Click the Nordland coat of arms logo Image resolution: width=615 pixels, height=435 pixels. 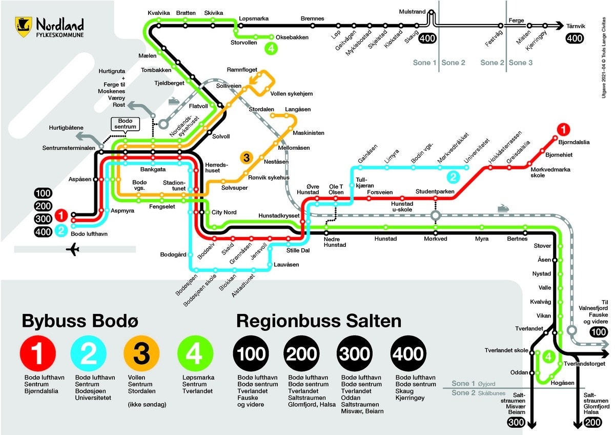[x=24, y=25]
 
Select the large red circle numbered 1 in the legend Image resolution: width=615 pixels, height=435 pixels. [x=37, y=353]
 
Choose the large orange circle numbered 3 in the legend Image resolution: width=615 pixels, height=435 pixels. [x=141, y=353]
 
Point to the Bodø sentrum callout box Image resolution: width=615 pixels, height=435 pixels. [x=125, y=123]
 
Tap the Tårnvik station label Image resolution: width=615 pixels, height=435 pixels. [x=579, y=25]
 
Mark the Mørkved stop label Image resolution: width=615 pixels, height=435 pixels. [x=436, y=239]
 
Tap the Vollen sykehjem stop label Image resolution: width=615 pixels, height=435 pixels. [x=291, y=94]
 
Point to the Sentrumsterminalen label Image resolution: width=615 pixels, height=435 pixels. [x=70, y=148]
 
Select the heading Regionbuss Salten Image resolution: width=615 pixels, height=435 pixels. [x=318, y=322]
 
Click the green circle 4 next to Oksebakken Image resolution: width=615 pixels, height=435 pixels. [x=271, y=49]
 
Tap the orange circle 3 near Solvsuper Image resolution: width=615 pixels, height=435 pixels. [x=247, y=157]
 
